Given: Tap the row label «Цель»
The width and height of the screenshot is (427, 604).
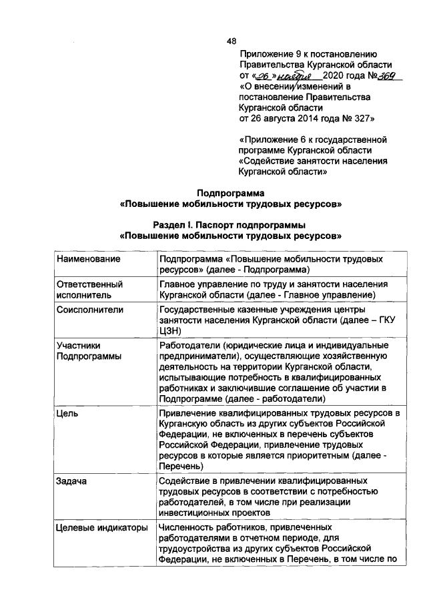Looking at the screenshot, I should (68, 414).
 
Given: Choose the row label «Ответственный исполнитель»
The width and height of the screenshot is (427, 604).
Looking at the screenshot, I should (89, 289).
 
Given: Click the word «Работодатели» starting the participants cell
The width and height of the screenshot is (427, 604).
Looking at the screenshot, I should (190, 345).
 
